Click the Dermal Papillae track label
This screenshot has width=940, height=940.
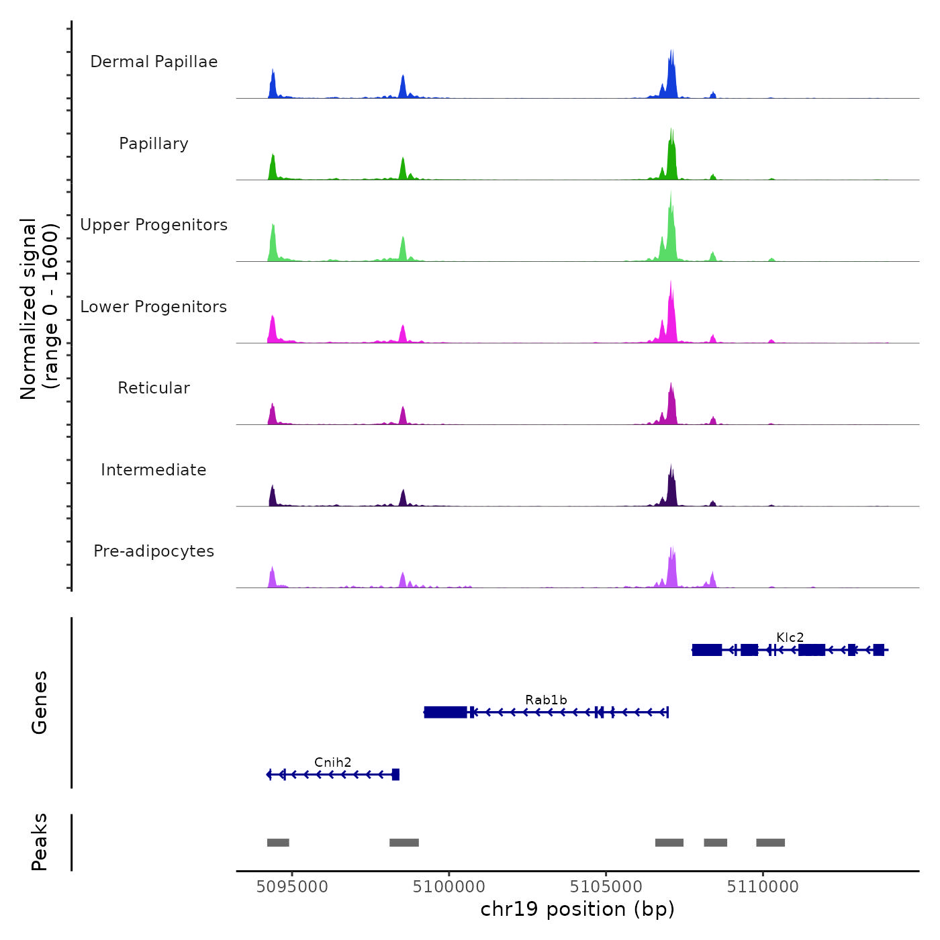click(154, 62)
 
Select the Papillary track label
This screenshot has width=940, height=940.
click(154, 144)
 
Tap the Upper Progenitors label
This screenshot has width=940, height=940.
click(154, 225)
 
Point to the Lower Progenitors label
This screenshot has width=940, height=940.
click(154, 307)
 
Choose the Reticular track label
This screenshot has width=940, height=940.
click(154, 388)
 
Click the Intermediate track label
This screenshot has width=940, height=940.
click(154, 470)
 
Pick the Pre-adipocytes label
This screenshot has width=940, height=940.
click(154, 551)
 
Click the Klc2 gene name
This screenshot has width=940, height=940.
click(790, 637)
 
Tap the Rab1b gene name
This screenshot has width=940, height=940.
click(546, 700)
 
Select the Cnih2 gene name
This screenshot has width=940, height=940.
click(332, 762)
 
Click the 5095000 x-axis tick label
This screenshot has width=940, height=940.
click(292, 887)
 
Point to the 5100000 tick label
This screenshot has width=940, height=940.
click(449, 887)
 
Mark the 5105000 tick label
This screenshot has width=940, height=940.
click(606, 887)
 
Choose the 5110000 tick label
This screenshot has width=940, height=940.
click(763, 887)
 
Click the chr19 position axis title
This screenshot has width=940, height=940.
click(577, 909)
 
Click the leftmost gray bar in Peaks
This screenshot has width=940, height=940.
click(278, 843)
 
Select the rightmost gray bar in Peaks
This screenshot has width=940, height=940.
click(770, 843)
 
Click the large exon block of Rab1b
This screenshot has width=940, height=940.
click(446, 712)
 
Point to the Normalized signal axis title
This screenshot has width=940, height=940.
click(39, 309)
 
